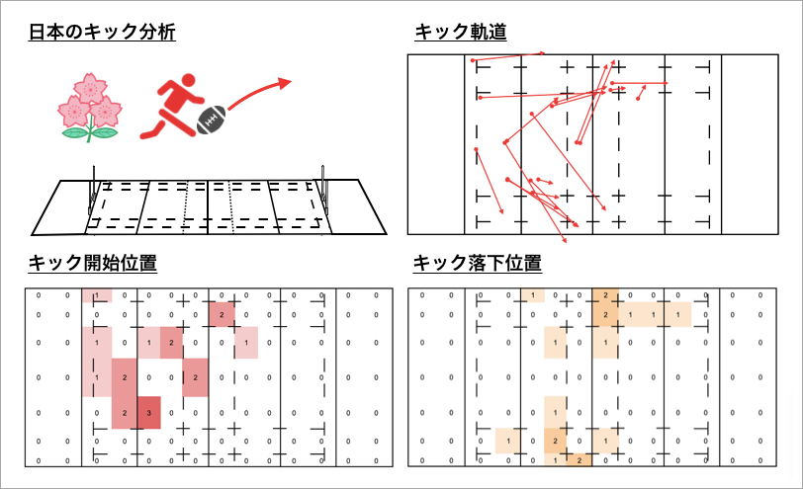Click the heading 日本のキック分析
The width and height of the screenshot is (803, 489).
pyautogui.click(x=102, y=32)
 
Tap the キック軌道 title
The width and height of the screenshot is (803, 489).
pyautogui.click(x=461, y=32)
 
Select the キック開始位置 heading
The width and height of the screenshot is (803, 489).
pyautogui.click(x=93, y=263)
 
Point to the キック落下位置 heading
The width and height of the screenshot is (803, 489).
pyautogui.click(x=478, y=263)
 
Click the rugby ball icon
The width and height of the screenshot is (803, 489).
pyautogui.click(x=211, y=121)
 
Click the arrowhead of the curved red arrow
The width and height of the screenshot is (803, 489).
pyautogui.click(x=284, y=82)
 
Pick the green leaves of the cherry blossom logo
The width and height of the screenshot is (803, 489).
pyautogui.click(x=90, y=133)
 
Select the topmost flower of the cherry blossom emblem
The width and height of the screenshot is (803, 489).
pyautogui.click(x=90, y=88)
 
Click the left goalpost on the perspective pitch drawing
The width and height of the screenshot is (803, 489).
pyautogui.click(x=93, y=191)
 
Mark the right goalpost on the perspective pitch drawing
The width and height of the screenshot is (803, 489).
pyautogui.click(x=323, y=190)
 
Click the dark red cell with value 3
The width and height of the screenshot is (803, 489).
pyautogui.click(x=148, y=412)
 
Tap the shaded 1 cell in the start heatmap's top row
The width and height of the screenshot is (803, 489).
pyautogui.click(x=97, y=295)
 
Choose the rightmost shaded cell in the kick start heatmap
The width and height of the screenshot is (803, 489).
pyautogui.click(x=246, y=342)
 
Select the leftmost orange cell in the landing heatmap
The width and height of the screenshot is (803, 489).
pyautogui.click(x=508, y=441)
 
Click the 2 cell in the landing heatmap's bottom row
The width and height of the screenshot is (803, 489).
pyautogui.click(x=580, y=459)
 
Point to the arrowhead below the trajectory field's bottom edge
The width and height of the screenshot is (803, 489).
pyautogui.click(x=565, y=240)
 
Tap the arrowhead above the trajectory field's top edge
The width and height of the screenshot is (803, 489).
pyautogui.click(x=542, y=52)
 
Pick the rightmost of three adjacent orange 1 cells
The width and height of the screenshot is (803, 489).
pyautogui.click(x=677, y=314)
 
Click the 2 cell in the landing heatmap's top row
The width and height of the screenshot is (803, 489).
pyautogui.click(x=605, y=295)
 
